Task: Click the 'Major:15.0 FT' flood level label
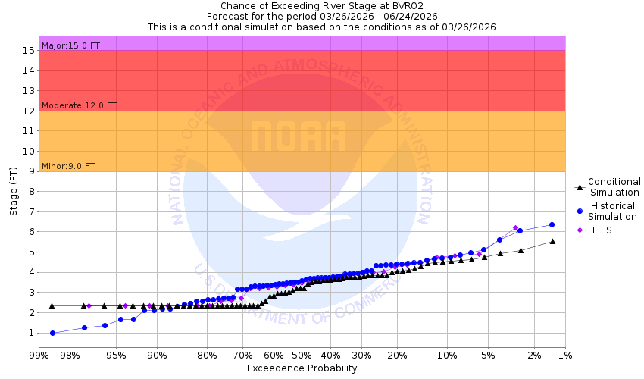click(70, 45)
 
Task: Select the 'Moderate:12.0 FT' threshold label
click(79, 105)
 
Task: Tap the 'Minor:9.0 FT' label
click(68, 166)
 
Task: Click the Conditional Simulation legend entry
click(614, 186)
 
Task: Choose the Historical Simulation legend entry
click(614, 211)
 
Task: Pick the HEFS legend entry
click(599, 230)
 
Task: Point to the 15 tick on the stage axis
click(30, 51)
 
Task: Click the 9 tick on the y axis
click(33, 171)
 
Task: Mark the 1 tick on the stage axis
click(33, 333)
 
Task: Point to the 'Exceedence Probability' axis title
click(302, 368)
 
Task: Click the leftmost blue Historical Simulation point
click(52, 333)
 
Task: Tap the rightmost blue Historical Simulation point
click(552, 224)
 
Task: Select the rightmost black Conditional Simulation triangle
click(552, 241)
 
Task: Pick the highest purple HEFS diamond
click(515, 228)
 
